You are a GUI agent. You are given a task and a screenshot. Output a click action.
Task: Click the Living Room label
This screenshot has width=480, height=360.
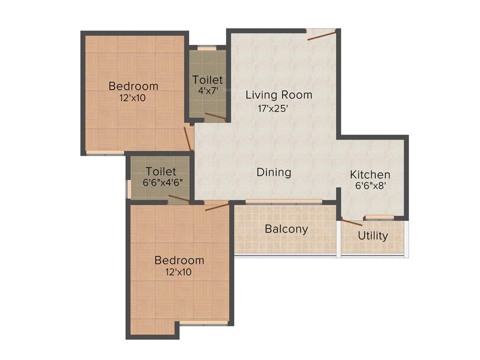(x=279, y=95)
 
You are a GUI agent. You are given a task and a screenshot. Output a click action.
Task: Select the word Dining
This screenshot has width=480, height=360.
(x=274, y=172)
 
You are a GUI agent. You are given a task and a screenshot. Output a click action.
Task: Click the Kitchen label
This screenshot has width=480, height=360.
(x=370, y=175)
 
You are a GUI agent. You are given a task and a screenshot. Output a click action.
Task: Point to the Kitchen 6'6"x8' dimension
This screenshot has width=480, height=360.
(x=370, y=185)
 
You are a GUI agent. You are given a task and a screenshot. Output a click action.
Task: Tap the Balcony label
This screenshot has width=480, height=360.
(x=286, y=229)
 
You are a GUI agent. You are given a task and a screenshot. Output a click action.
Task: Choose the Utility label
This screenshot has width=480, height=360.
(x=373, y=235)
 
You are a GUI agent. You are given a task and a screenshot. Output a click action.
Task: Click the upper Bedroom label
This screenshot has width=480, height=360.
(x=133, y=86)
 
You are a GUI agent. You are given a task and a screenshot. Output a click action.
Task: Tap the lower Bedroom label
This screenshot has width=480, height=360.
(x=179, y=260)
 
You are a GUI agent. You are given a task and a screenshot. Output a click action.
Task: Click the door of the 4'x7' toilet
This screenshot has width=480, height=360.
(x=216, y=117)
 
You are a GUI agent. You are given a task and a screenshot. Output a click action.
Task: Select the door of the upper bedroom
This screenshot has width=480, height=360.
(x=188, y=138)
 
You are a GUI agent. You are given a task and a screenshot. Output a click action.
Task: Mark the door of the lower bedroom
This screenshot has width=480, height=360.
(x=217, y=206)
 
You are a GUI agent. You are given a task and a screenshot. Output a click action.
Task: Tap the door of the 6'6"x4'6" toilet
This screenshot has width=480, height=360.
(x=179, y=199)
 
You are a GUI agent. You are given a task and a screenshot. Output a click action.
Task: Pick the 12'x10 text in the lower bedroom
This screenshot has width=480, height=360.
(x=179, y=271)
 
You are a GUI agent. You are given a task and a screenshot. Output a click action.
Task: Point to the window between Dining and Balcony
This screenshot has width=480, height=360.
(x=284, y=202)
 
